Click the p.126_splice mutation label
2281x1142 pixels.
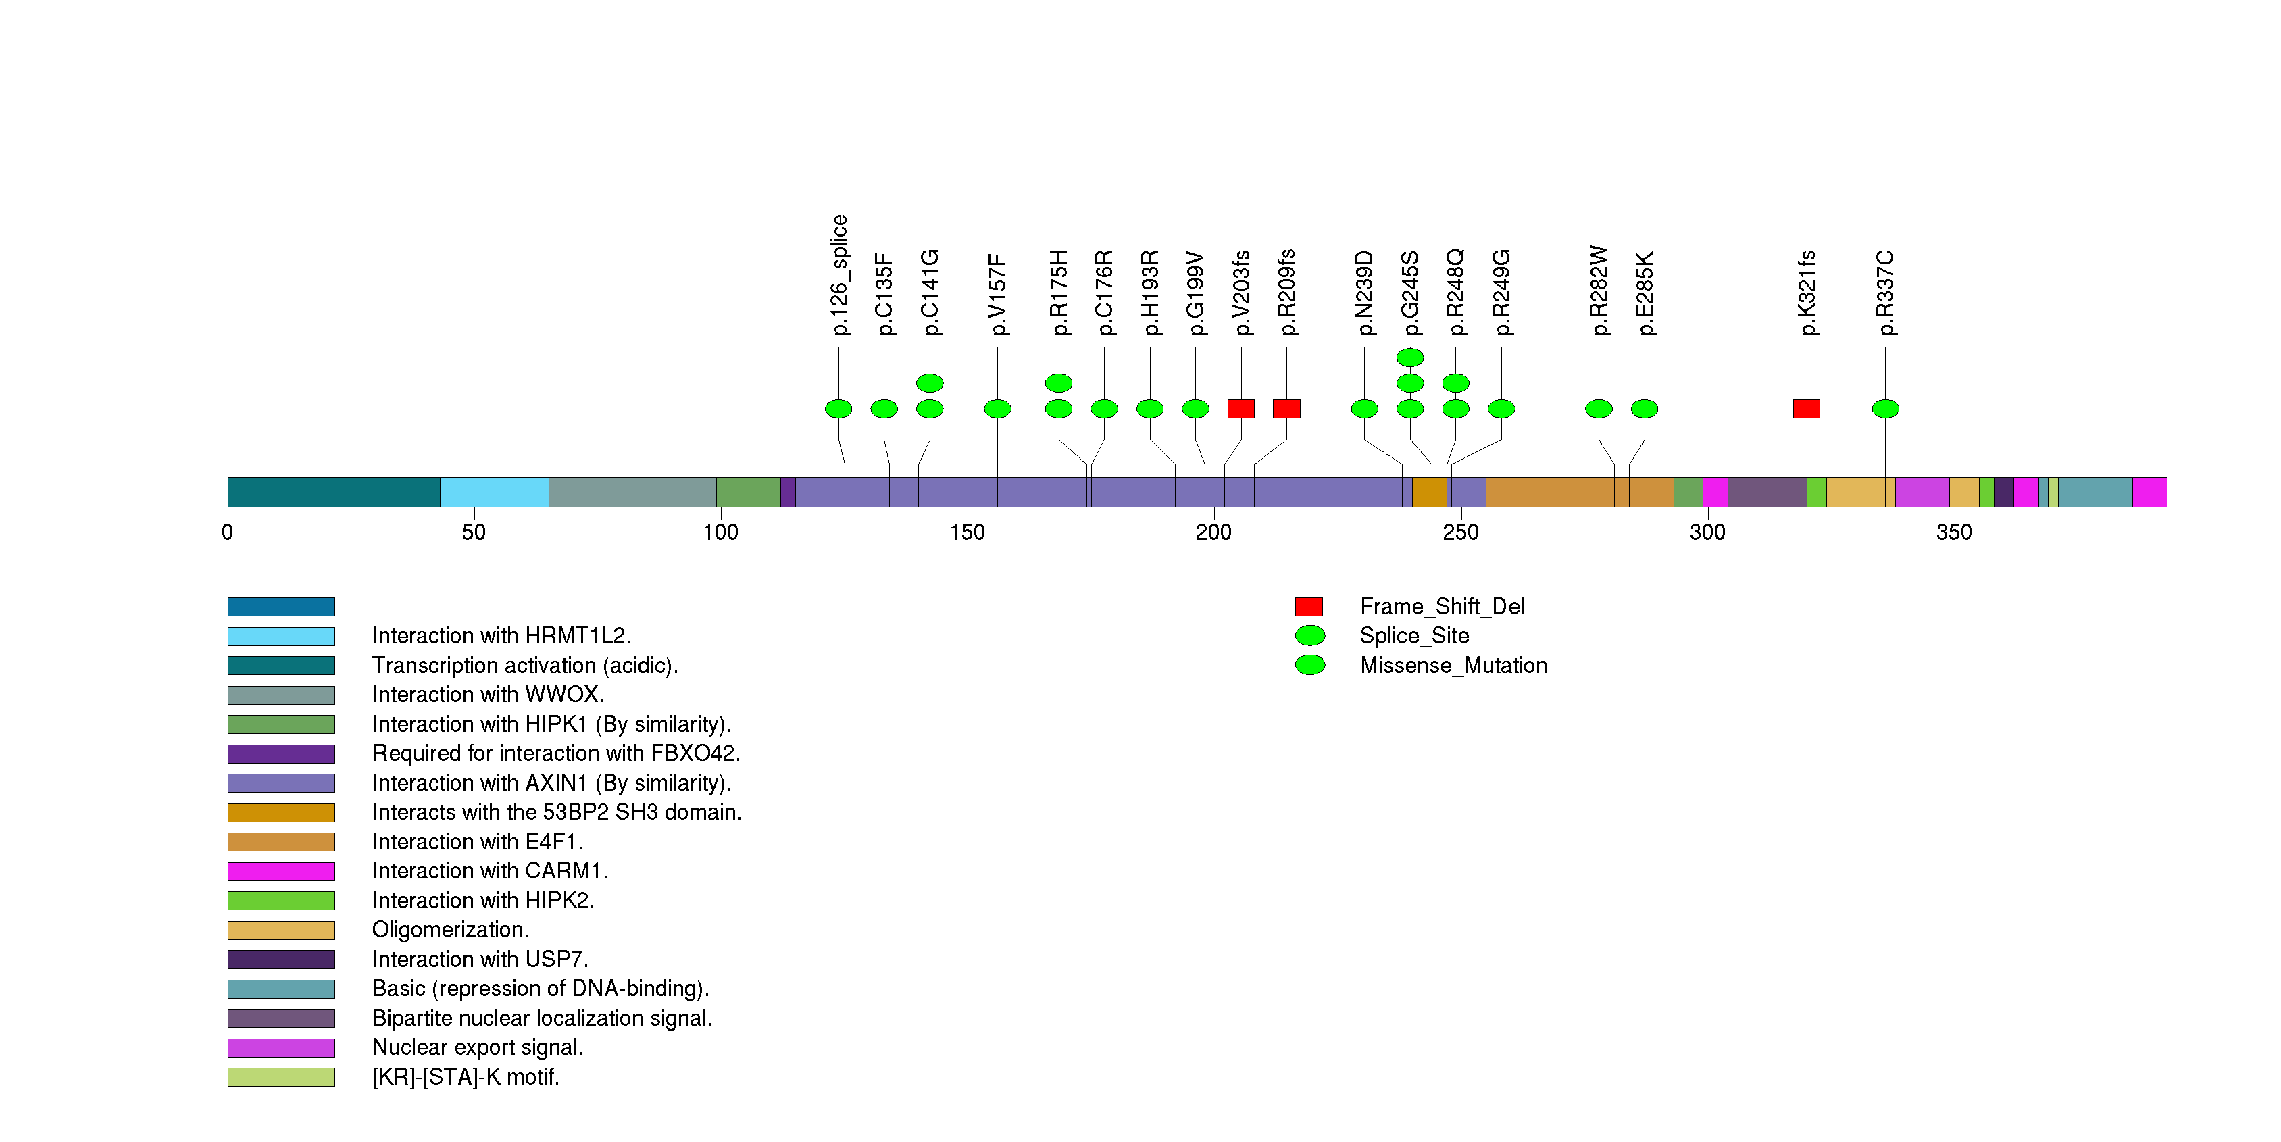(839, 274)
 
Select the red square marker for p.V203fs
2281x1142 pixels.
(1240, 408)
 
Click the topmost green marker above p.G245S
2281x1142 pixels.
(1409, 357)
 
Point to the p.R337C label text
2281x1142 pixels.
(1885, 293)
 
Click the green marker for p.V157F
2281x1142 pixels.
(997, 408)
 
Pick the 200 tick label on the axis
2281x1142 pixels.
(1213, 532)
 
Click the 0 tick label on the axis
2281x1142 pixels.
(228, 532)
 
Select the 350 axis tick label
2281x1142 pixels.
(1953, 532)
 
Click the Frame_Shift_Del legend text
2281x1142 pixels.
(1442, 606)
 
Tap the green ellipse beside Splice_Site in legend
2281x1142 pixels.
(1309, 636)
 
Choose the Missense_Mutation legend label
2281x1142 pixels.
(1453, 665)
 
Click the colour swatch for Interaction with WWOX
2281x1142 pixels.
(280, 695)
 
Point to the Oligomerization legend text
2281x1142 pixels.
(450, 930)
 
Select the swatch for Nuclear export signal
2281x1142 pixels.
(280, 1047)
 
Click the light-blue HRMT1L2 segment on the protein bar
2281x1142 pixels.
(494, 492)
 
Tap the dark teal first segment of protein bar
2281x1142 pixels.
(333, 492)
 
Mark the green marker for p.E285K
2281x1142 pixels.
(1645, 408)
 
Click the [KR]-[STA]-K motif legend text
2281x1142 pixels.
(466, 1076)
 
